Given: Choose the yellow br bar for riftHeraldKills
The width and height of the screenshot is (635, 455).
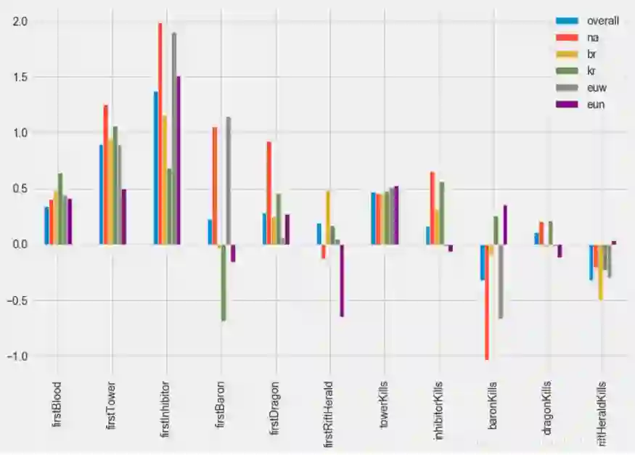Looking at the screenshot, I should pos(601,272).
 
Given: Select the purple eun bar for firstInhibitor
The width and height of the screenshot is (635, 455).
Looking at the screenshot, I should pos(179,160).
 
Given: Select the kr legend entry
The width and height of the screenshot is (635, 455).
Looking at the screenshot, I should pos(592,70).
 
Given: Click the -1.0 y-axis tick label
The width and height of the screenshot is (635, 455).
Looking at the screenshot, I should pos(18,356).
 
